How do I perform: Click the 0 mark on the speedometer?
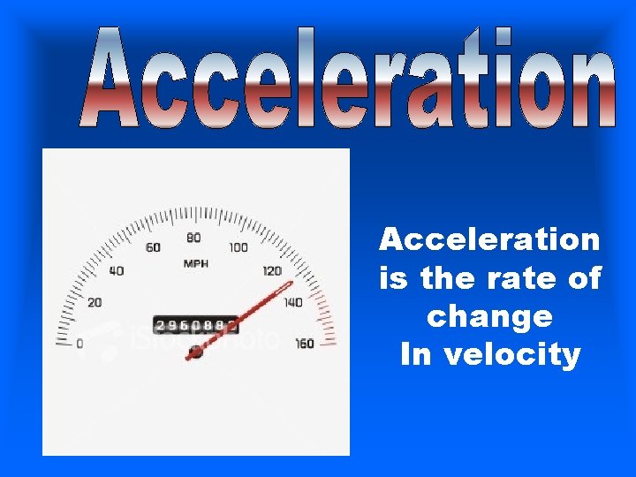[x=79, y=343]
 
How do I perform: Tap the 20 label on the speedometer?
[x=94, y=302]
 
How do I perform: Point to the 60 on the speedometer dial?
[x=153, y=247]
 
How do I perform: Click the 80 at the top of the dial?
[x=193, y=238]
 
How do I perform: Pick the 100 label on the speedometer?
[x=238, y=247]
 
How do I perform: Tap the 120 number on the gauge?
[x=272, y=271]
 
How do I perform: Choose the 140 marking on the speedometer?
[x=292, y=302]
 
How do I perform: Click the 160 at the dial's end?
[x=304, y=343]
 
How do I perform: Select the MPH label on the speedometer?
[x=195, y=263]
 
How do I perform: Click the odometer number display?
[x=195, y=325]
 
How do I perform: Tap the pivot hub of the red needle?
[x=195, y=352]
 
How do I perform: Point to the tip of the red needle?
[x=291, y=284]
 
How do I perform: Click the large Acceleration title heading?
[x=349, y=79]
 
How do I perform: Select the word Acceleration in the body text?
[x=489, y=239]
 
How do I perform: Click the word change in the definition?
[x=488, y=316]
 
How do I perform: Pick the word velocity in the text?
[x=515, y=355]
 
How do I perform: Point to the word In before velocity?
[x=417, y=355]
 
